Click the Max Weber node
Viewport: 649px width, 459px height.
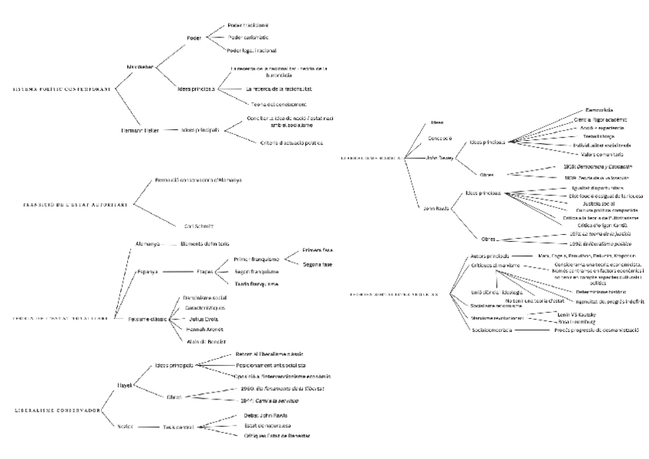(140, 67)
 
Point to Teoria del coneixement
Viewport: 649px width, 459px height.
(279, 103)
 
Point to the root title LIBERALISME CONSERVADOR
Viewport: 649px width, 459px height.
(58, 410)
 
